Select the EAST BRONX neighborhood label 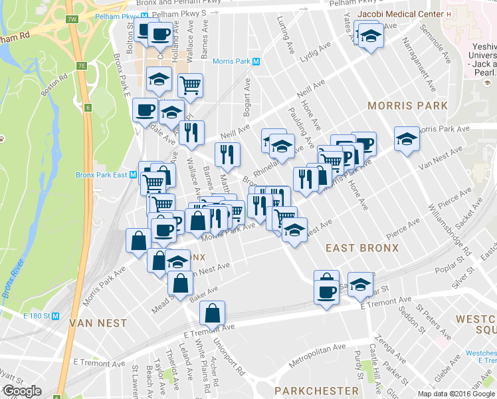[362, 247]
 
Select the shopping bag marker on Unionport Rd [212, 313]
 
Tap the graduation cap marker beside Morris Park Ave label [407, 139]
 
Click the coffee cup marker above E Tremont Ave [326, 293]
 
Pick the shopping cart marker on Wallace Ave [190, 85]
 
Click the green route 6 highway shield [88, 108]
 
